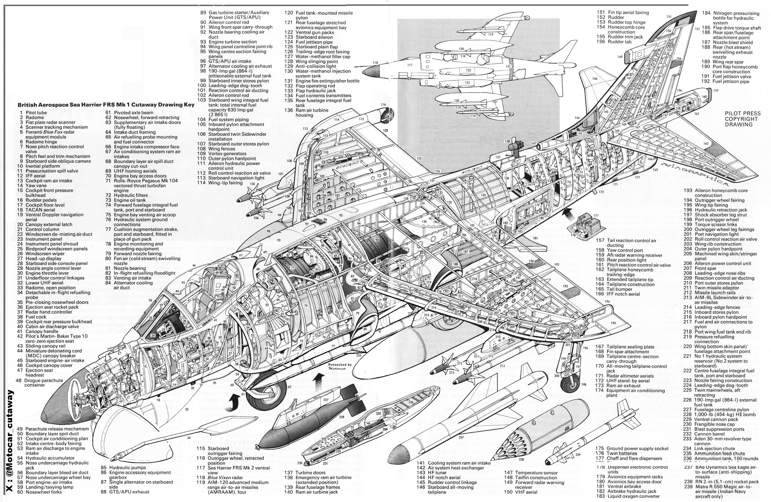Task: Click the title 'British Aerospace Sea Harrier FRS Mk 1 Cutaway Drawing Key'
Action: tap(106, 105)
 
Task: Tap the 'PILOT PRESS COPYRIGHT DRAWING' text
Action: tap(743, 119)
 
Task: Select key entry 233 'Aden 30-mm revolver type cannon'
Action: tap(723, 441)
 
